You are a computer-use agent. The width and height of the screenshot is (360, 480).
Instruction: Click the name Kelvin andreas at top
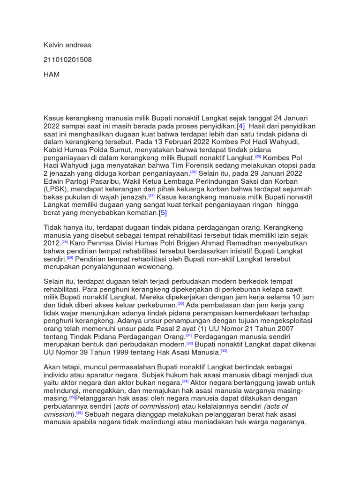click(x=67, y=45)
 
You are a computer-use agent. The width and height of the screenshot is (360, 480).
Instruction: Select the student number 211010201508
click(x=68, y=60)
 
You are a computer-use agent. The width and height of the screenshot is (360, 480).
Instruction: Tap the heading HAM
click(x=52, y=75)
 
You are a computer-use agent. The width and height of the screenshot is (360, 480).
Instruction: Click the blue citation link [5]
click(x=163, y=213)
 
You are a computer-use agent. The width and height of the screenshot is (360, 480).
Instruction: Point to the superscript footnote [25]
click(x=257, y=156)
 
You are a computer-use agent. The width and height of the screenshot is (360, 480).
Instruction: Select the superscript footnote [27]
click(x=152, y=195)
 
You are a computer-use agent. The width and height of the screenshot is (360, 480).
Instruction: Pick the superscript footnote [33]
click(x=224, y=350)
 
